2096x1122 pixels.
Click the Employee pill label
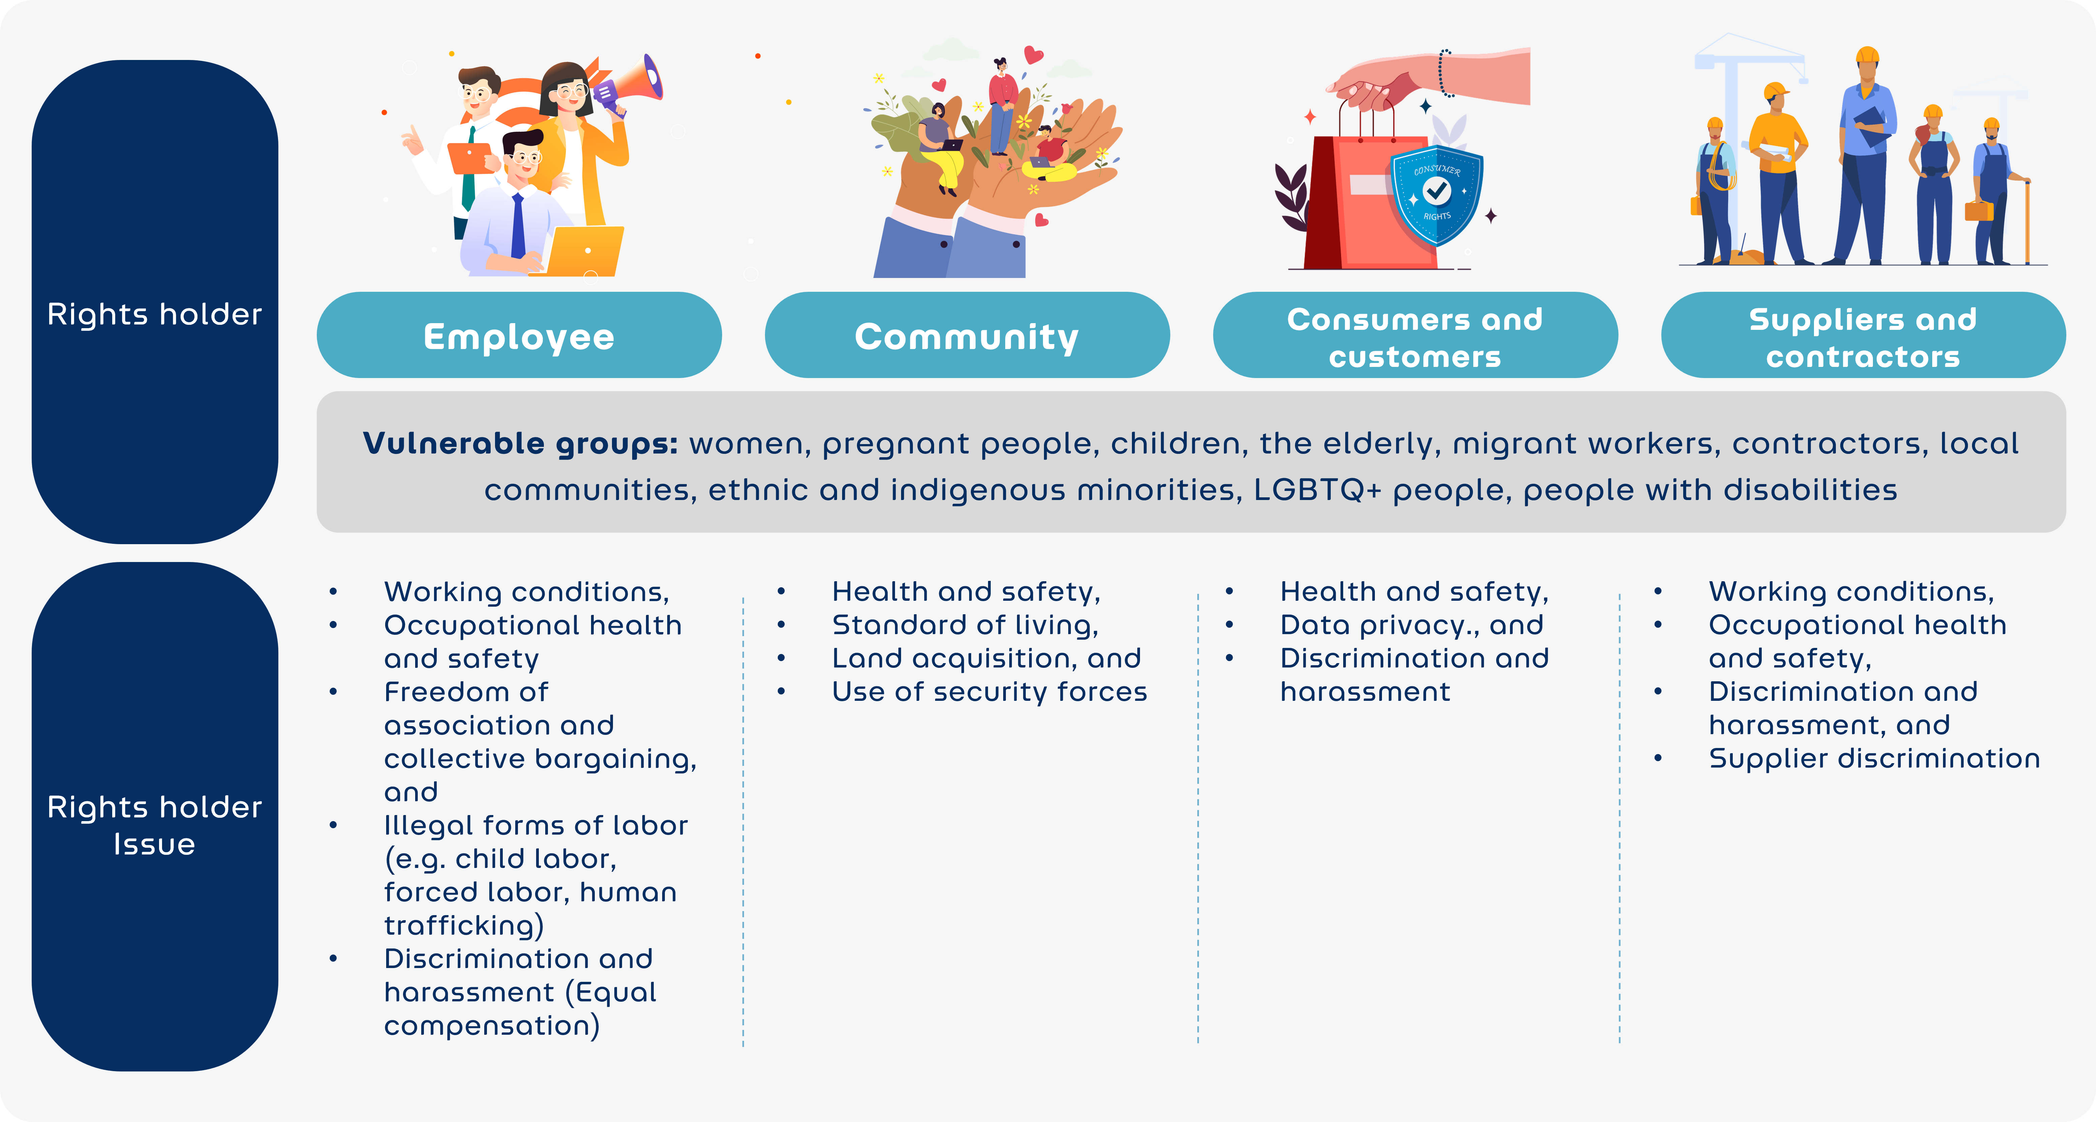pyautogui.click(x=519, y=335)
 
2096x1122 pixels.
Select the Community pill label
pyautogui.click(x=967, y=335)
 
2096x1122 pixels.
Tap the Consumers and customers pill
pyautogui.click(x=1415, y=335)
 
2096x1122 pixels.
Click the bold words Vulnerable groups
pyautogui.click(x=520, y=443)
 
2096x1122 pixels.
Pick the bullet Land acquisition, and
pyautogui.click(x=986, y=658)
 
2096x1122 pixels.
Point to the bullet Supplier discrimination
pyautogui.click(x=1874, y=758)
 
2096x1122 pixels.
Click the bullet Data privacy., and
pyautogui.click(x=1412, y=625)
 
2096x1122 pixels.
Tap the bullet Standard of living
pyautogui.click(x=965, y=625)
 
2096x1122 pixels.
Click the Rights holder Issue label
pyautogui.click(x=155, y=825)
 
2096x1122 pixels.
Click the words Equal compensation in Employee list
pyautogui.click(x=521, y=1009)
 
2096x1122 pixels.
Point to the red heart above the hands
pyautogui.click(x=1034, y=55)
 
